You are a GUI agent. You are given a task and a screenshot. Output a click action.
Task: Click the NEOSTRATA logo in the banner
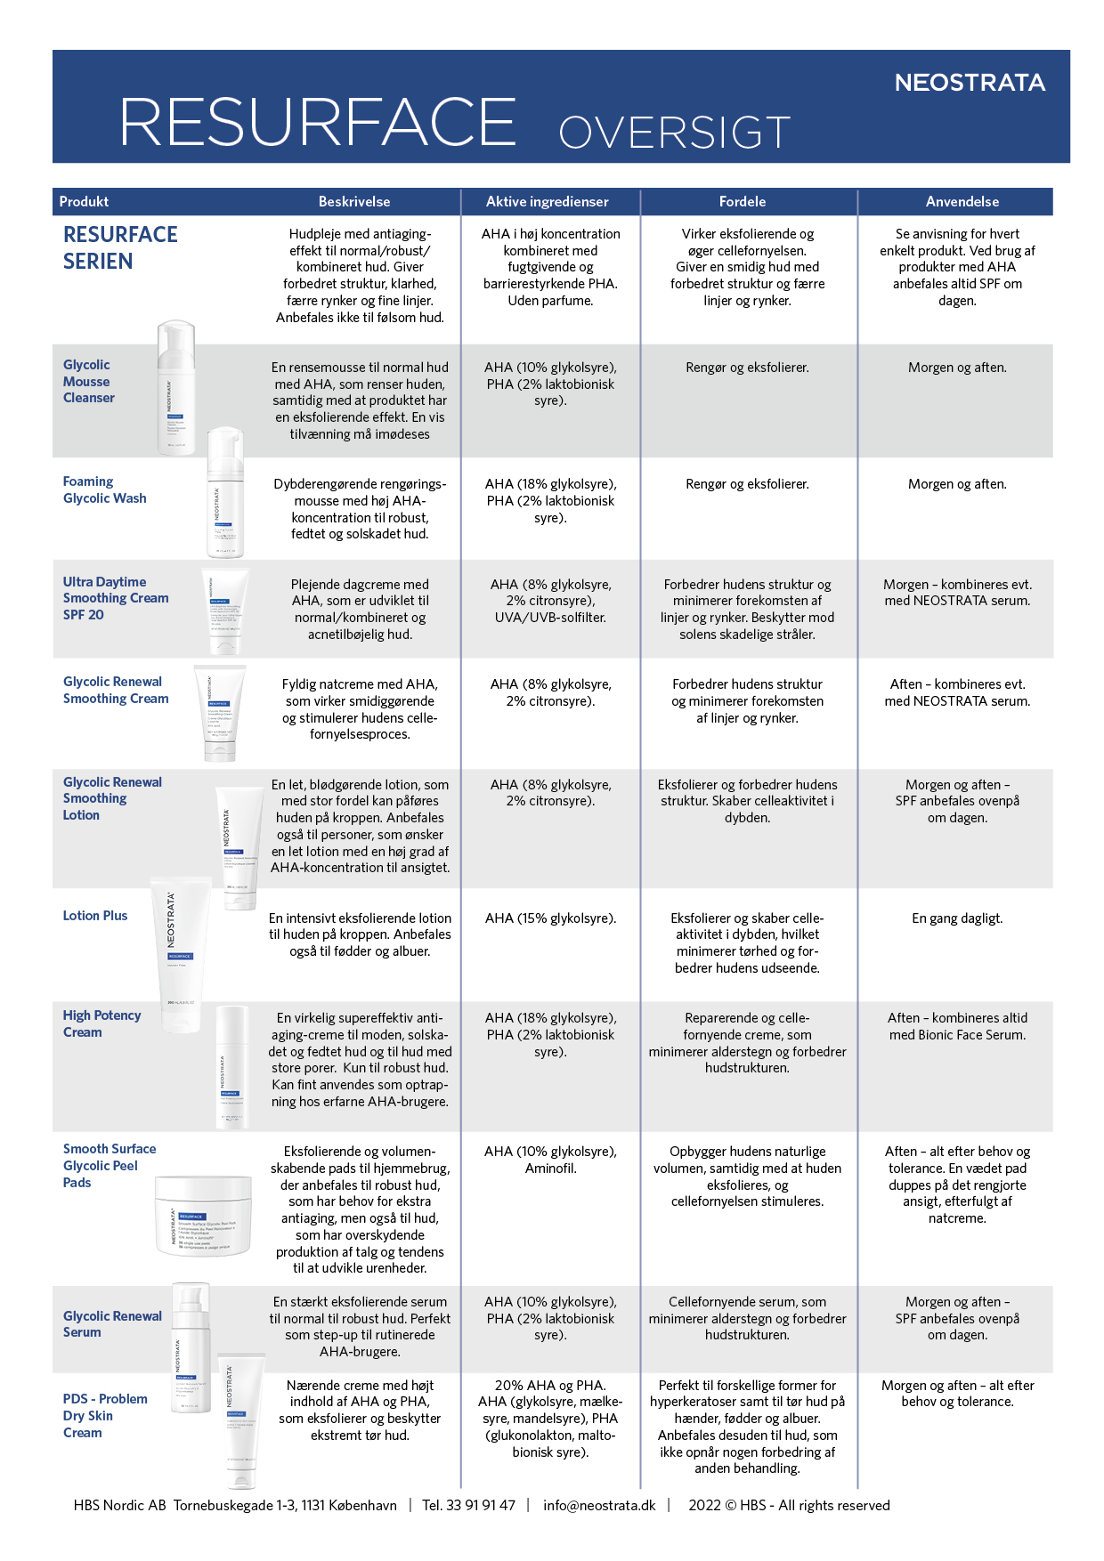[970, 83]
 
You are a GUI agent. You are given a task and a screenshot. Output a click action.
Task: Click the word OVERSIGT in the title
[674, 133]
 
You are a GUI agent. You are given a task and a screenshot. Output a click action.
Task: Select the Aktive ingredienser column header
[547, 202]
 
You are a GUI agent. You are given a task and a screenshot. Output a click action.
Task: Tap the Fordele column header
[742, 202]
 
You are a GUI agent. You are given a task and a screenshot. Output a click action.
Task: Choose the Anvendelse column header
[962, 202]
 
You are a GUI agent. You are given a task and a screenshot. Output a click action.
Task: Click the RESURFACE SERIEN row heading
[120, 248]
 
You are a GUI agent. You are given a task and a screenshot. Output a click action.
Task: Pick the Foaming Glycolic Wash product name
[104, 490]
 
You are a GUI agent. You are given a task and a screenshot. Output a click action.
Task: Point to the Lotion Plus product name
[95, 916]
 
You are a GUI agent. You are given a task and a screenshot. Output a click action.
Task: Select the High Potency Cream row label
[101, 1023]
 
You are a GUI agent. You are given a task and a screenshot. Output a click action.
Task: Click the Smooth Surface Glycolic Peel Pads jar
[204, 1215]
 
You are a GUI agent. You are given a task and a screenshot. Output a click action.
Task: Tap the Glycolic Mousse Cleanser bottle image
[175, 388]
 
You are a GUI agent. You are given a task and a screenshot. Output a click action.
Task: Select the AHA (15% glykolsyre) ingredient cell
[550, 918]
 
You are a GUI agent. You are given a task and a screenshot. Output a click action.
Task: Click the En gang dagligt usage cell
[957, 918]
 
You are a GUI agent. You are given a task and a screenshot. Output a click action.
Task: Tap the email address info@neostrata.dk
[599, 1505]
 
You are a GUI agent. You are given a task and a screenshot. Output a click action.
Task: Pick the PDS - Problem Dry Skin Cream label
[104, 1415]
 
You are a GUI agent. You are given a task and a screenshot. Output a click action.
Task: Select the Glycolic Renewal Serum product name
[112, 1324]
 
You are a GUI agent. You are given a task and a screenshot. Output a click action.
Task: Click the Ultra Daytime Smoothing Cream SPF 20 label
[115, 598]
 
